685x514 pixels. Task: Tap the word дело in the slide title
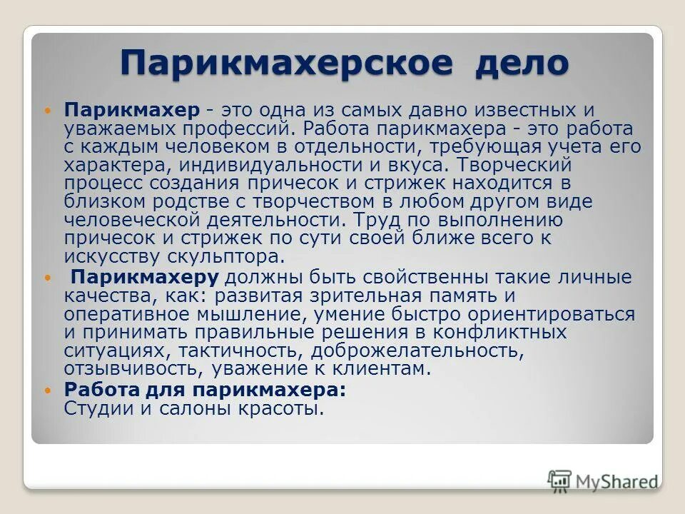tap(521, 63)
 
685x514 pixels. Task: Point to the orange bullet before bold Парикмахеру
tap(49, 276)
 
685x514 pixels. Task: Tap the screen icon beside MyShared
tap(560, 480)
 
